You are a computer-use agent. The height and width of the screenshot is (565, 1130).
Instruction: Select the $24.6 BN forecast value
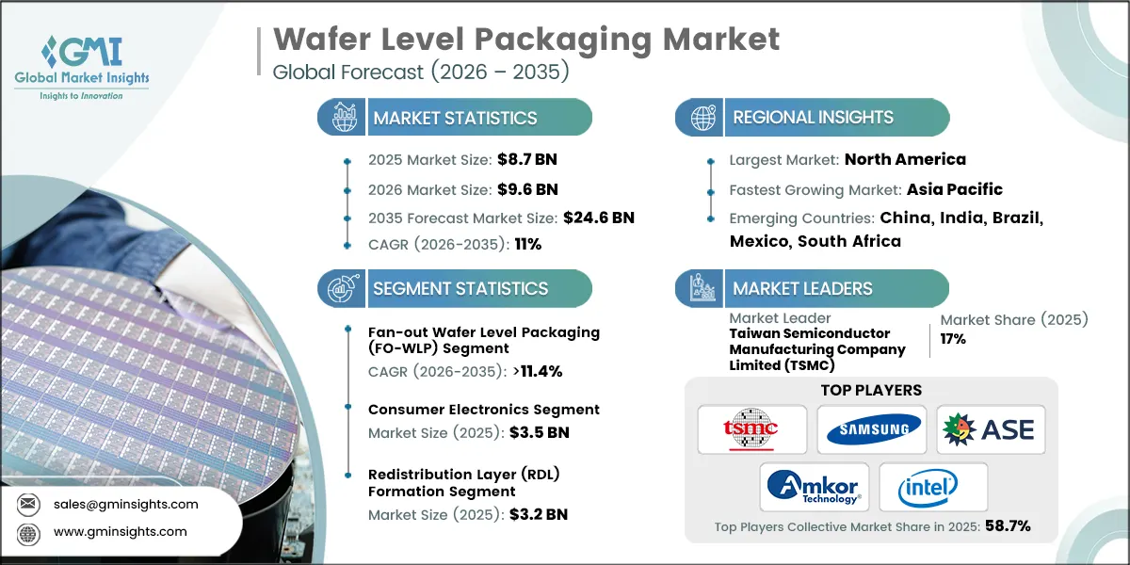click(x=598, y=218)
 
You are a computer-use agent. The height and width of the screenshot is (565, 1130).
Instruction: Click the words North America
click(x=905, y=159)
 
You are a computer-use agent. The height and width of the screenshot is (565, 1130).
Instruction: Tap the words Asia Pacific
click(x=955, y=189)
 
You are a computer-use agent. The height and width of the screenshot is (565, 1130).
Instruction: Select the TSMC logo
click(x=751, y=429)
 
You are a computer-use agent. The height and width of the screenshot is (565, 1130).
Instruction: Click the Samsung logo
click(x=871, y=429)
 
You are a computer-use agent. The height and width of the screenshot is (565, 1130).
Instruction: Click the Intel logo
click(x=932, y=487)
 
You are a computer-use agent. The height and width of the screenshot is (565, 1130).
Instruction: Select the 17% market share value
click(x=953, y=339)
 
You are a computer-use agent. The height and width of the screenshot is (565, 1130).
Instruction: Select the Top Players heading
click(x=872, y=390)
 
